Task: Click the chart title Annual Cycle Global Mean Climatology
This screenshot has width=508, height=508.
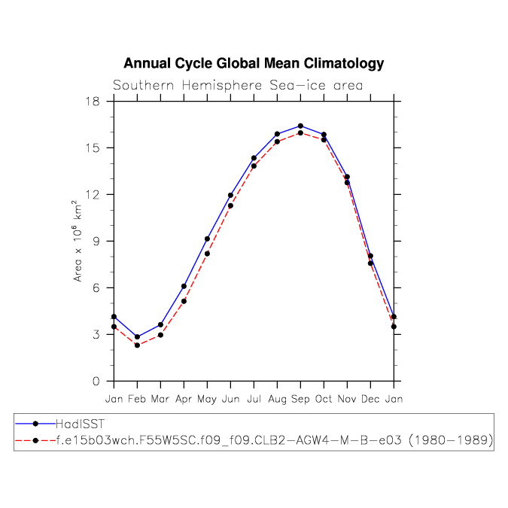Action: point(254,64)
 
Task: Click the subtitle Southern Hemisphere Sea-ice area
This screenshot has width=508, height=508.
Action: point(238,85)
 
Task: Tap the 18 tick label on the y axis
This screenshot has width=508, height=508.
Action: point(92,101)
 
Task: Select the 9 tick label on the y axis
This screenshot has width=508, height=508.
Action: point(96,241)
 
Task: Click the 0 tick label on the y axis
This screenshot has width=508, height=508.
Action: point(96,381)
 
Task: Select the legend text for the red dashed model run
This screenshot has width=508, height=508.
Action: point(275,442)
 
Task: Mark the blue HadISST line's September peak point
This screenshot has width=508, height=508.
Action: point(300,126)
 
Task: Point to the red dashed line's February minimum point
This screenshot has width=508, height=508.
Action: point(137,345)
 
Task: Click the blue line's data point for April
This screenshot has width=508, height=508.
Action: point(184,286)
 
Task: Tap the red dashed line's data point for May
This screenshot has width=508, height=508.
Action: point(207,254)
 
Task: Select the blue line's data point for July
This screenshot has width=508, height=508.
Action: point(254,158)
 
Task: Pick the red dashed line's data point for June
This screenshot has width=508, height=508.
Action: point(230,205)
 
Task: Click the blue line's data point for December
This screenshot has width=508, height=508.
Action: point(370,256)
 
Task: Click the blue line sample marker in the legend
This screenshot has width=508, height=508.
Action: point(35,424)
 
